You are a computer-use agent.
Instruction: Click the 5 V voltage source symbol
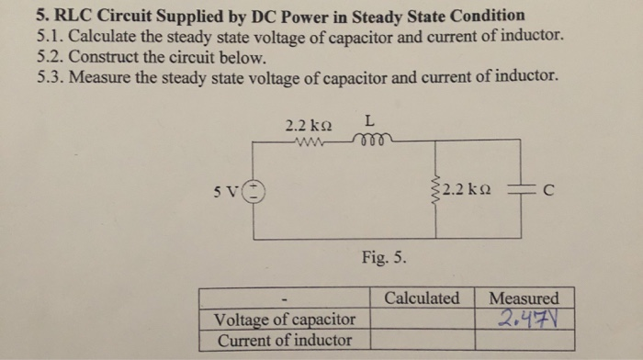(254, 191)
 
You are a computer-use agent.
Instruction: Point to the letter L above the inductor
(368, 120)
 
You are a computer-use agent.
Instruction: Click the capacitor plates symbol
(520, 191)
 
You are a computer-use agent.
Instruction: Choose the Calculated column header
(422, 298)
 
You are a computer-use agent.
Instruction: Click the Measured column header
(524, 298)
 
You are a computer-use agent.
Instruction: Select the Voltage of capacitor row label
(284, 320)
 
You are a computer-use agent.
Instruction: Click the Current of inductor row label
(284, 340)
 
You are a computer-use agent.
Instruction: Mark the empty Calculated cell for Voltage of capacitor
(422, 320)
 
